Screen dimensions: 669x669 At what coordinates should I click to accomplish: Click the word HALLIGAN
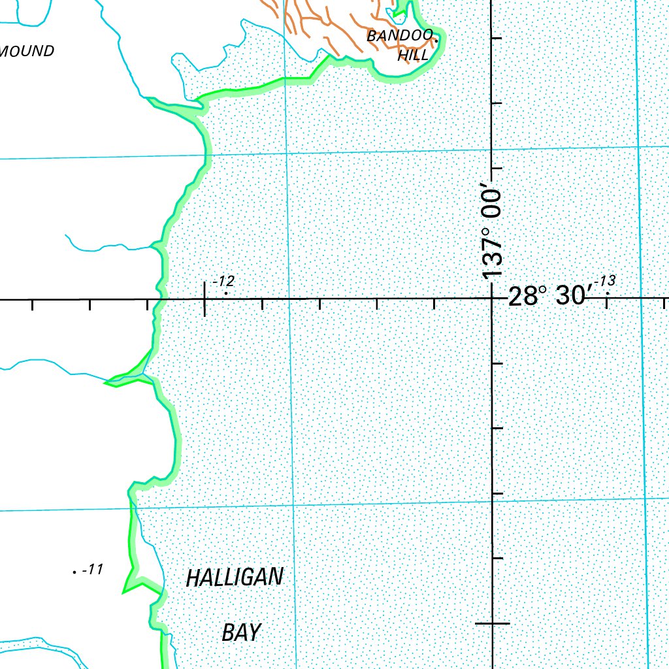pyautogui.click(x=235, y=578)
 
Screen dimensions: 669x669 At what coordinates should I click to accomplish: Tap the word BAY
pyautogui.click(x=241, y=632)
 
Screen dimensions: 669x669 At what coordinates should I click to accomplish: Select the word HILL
pyautogui.click(x=413, y=56)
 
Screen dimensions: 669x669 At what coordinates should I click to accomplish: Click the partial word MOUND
pyautogui.click(x=27, y=51)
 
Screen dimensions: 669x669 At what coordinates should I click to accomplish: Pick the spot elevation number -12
pyautogui.click(x=223, y=282)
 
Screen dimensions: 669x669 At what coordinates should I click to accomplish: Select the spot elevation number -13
pyautogui.click(x=605, y=282)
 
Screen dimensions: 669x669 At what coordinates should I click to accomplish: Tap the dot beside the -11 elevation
pyautogui.click(x=74, y=572)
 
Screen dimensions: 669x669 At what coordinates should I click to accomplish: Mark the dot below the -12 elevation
pyautogui.click(x=226, y=293)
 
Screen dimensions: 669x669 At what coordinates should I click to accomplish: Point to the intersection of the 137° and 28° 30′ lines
pyautogui.click(x=492, y=299)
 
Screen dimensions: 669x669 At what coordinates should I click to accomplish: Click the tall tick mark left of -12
pyautogui.click(x=205, y=299)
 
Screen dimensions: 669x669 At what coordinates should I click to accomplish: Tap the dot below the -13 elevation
pyautogui.click(x=608, y=293)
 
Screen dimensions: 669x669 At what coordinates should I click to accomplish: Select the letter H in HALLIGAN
pyautogui.click(x=192, y=578)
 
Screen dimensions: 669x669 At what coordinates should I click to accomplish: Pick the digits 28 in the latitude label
pyautogui.click(x=520, y=297)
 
